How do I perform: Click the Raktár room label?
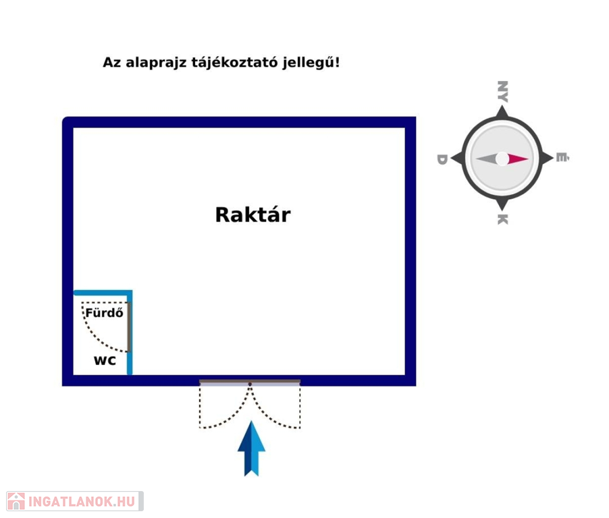[253, 214]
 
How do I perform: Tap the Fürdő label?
[104, 312]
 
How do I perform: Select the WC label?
[105, 360]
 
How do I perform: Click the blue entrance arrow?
[251, 448]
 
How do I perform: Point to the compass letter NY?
[502, 92]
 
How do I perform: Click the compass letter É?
[562, 158]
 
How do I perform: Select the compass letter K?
[502, 219]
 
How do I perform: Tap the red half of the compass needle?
[518, 159]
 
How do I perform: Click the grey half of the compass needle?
[486, 159]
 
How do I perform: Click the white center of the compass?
[502, 159]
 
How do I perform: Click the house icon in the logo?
[16, 501]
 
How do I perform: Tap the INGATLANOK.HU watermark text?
[82, 501]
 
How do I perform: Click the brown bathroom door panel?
[128, 327]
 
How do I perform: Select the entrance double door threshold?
[250, 383]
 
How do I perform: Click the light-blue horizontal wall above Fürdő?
[103, 293]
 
